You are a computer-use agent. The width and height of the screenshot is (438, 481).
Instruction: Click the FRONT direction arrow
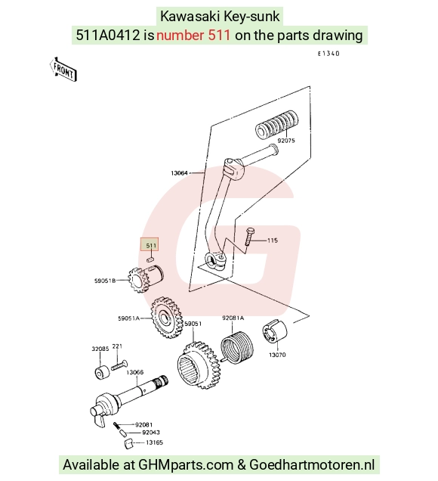[x=63, y=70]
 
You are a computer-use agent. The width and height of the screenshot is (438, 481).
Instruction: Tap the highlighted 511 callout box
[x=150, y=244]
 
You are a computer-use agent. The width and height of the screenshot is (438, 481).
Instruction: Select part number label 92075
[x=286, y=141]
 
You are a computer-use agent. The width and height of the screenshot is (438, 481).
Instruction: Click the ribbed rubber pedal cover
[x=276, y=125]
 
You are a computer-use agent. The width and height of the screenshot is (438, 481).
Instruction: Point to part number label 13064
[x=179, y=173]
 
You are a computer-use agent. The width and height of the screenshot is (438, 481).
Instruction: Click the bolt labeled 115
[x=249, y=237]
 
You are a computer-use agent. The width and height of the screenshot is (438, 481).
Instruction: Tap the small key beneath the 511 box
[x=150, y=259]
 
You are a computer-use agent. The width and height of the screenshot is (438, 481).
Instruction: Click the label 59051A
[x=128, y=318]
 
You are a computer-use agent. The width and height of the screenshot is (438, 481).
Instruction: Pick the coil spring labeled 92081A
[x=237, y=346]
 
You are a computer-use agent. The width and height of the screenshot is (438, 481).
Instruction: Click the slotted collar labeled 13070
[x=275, y=331]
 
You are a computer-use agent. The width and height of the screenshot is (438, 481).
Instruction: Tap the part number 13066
[x=134, y=372]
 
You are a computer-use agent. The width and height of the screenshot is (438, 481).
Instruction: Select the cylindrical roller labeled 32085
[x=102, y=372]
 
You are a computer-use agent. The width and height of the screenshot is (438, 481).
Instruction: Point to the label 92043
[x=151, y=433]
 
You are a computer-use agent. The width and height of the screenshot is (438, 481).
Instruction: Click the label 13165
[x=154, y=442]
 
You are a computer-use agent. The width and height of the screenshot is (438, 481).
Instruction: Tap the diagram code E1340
[x=328, y=54]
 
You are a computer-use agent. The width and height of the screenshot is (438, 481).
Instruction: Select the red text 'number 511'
[x=193, y=36]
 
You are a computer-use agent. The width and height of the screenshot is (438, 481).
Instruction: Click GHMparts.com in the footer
[x=186, y=465]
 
